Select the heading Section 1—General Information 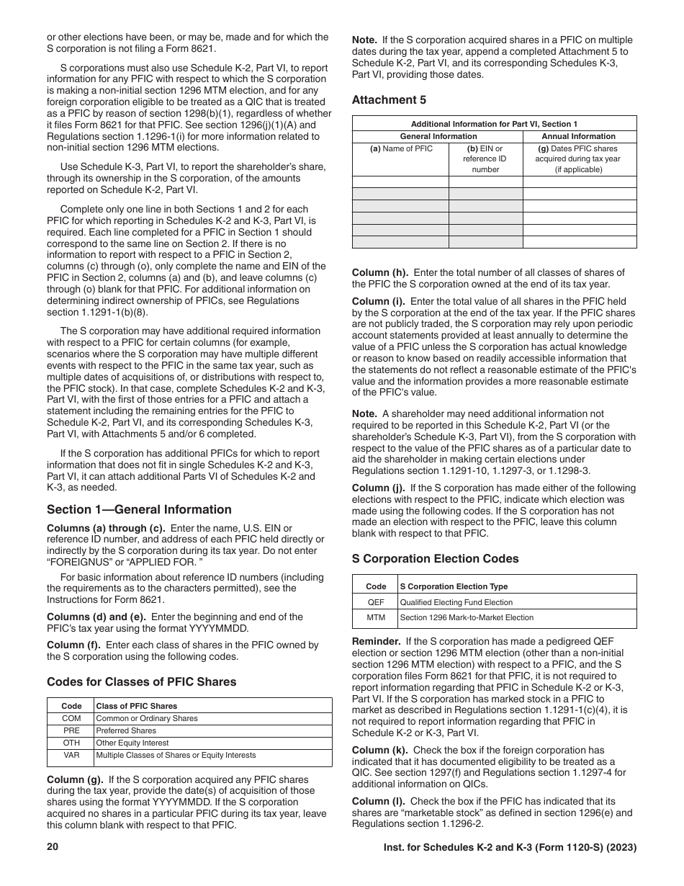pos(139,509)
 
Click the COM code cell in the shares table pos(71,718)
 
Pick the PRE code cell pos(71,730)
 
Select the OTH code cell pos(71,743)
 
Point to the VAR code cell pos(71,755)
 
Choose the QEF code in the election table pos(376,602)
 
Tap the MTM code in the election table pos(376,617)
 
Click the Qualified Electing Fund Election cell pos(456,602)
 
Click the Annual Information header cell pos(579,136)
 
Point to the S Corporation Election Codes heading pos(435,558)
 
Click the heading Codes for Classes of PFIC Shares pos(141,681)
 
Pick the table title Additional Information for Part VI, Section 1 pos(494,124)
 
